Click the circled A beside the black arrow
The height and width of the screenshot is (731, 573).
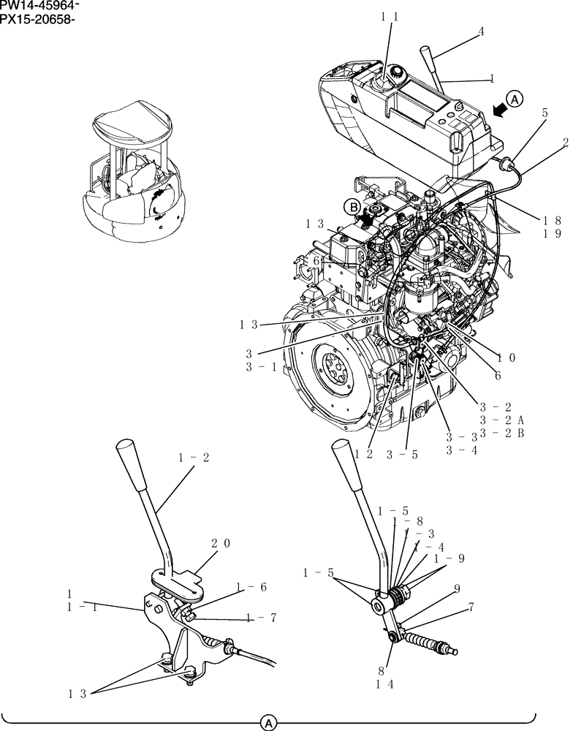[x=515, y=100]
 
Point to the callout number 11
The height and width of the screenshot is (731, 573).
[x=390, y=15]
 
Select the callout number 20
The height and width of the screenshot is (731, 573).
[x=221, y=543]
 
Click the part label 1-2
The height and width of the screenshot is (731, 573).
[x=194, y=458]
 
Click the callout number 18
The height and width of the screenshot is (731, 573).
[x=552, y=220]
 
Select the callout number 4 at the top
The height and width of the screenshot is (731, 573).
[x=481, y=31]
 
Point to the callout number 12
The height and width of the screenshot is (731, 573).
[x=365, y=453]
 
